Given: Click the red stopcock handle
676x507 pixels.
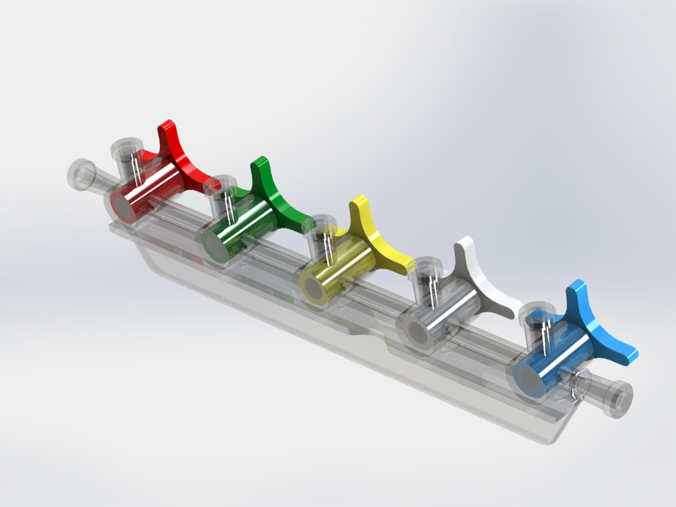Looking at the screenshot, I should coord(179,158).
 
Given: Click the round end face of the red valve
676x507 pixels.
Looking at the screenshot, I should coord(120,205).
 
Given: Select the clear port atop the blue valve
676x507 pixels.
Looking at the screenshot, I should coord(539,316).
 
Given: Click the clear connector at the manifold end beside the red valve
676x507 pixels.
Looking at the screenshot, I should coord(82,173).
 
